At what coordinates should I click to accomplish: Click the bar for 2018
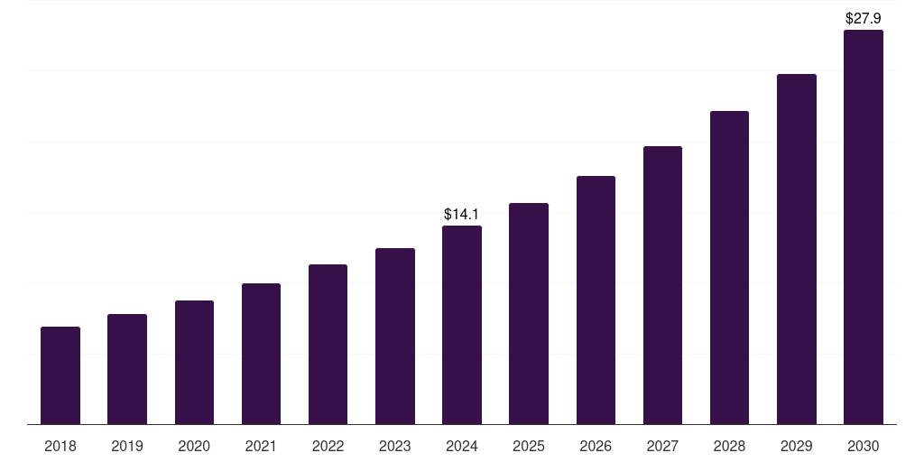click(60, 375)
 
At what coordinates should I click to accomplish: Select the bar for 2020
click(194, 362)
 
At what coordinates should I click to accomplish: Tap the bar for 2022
click(328, 344)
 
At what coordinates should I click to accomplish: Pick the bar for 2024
click(462, 325)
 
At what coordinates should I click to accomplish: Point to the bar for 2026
click(596, 300)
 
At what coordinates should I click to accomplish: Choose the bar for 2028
click(729, 267)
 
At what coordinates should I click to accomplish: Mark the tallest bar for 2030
click(863, 226)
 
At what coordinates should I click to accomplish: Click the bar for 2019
click(127, 369)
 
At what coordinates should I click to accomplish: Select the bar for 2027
click(662, 285)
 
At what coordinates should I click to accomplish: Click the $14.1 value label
click(462, 215)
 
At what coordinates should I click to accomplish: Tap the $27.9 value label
click(863, 18)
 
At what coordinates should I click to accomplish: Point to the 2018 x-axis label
click(60, 446)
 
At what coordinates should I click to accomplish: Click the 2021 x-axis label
click(261, 446)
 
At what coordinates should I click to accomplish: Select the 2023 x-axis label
click(394, 446)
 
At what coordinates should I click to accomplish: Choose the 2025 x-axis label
click(529, 446)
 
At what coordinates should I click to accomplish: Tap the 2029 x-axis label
click(796, 446)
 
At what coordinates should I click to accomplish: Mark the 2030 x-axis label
click(863, 446)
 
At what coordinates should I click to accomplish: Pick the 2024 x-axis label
click(462, 446)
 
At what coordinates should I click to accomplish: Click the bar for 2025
click(529, 313)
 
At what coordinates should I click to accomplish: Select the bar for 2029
click(796, 249)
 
